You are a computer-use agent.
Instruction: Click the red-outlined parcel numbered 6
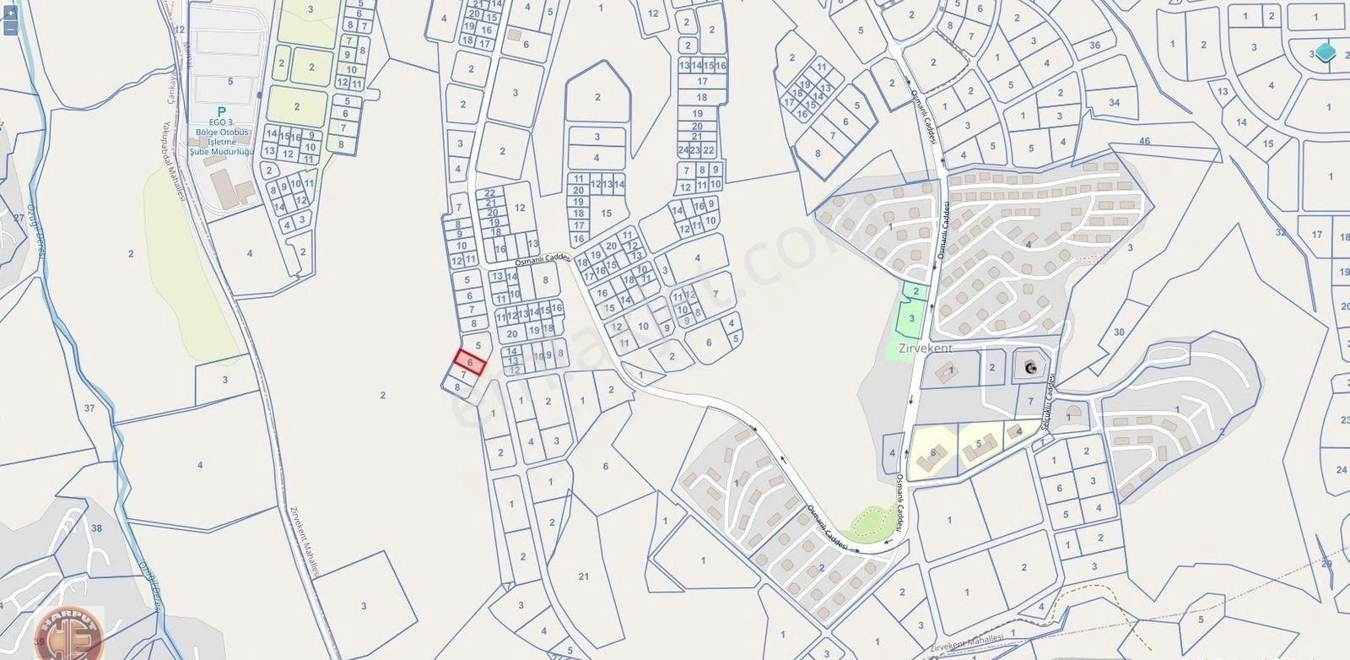click(x=470, y=361)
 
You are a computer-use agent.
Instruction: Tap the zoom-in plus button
click(x=9, y=14)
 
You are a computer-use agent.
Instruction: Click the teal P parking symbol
click(x=221, y=111)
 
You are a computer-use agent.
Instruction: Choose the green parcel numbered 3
click(x=911, y=317)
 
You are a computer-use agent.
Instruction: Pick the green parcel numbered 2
click(x=915, y=290)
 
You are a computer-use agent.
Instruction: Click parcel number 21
click(x=583, y=576)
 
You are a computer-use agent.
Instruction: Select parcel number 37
click(x=89, y=408)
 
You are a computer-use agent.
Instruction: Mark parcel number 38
click(x=96, y=528)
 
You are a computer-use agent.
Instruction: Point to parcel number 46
click(x=1143, y=140)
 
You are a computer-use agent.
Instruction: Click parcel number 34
click(x=1114, y=102)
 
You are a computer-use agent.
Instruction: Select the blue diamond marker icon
click(x=1326, y=52)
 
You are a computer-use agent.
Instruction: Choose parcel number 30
click(x=1119, y=332)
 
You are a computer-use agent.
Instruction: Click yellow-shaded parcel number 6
click(x=932, y=452)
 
